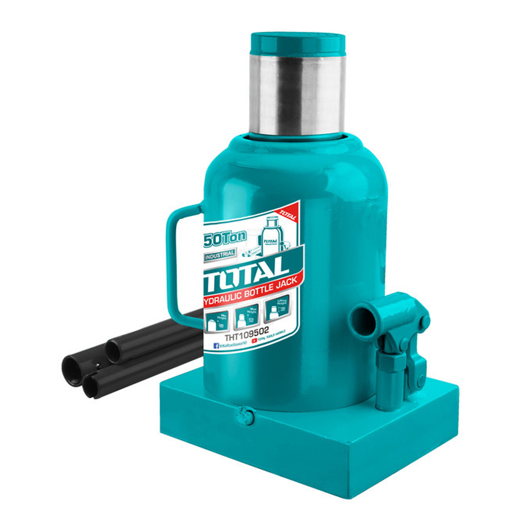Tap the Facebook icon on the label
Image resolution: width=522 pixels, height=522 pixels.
click(x=216, y=346)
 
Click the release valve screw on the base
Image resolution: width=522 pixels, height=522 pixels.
click(x=243, y=416)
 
